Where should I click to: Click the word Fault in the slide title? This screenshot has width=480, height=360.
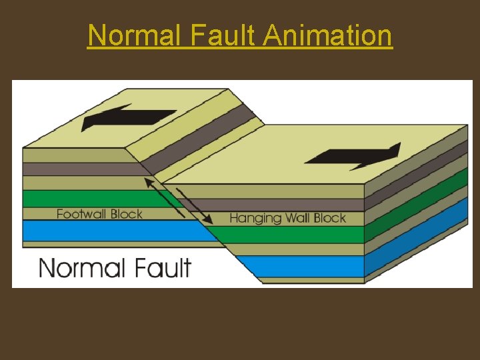click(x=223, y=35)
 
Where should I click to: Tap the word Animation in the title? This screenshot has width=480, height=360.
click(x=327, y=35)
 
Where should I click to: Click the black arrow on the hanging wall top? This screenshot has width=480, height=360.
click(x=353, y=157)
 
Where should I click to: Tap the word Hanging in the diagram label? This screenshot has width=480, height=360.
click(x=255, y=218)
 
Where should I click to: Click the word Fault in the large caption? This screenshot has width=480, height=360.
click(x=160, y=268)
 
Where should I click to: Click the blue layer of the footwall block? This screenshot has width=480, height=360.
click(x=100, y=231)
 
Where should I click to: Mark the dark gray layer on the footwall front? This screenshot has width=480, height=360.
click(x=80, y=169)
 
